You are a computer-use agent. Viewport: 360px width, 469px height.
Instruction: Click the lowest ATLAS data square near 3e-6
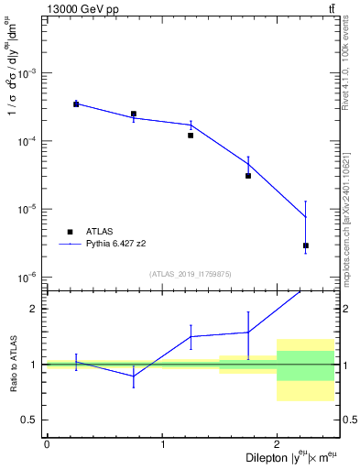point(306,245)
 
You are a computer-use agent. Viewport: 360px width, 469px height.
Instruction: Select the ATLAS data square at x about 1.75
point(248,176)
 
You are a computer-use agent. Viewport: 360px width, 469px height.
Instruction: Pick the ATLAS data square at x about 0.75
point(134,115)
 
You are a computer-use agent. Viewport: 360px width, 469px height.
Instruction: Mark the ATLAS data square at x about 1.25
point(191,136)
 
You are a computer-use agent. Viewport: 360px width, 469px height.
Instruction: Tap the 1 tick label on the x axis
point(162,443)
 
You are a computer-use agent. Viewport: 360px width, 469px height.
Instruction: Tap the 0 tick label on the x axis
point(47,443)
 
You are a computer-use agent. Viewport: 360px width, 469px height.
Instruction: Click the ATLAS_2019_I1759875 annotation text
point(191,274)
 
